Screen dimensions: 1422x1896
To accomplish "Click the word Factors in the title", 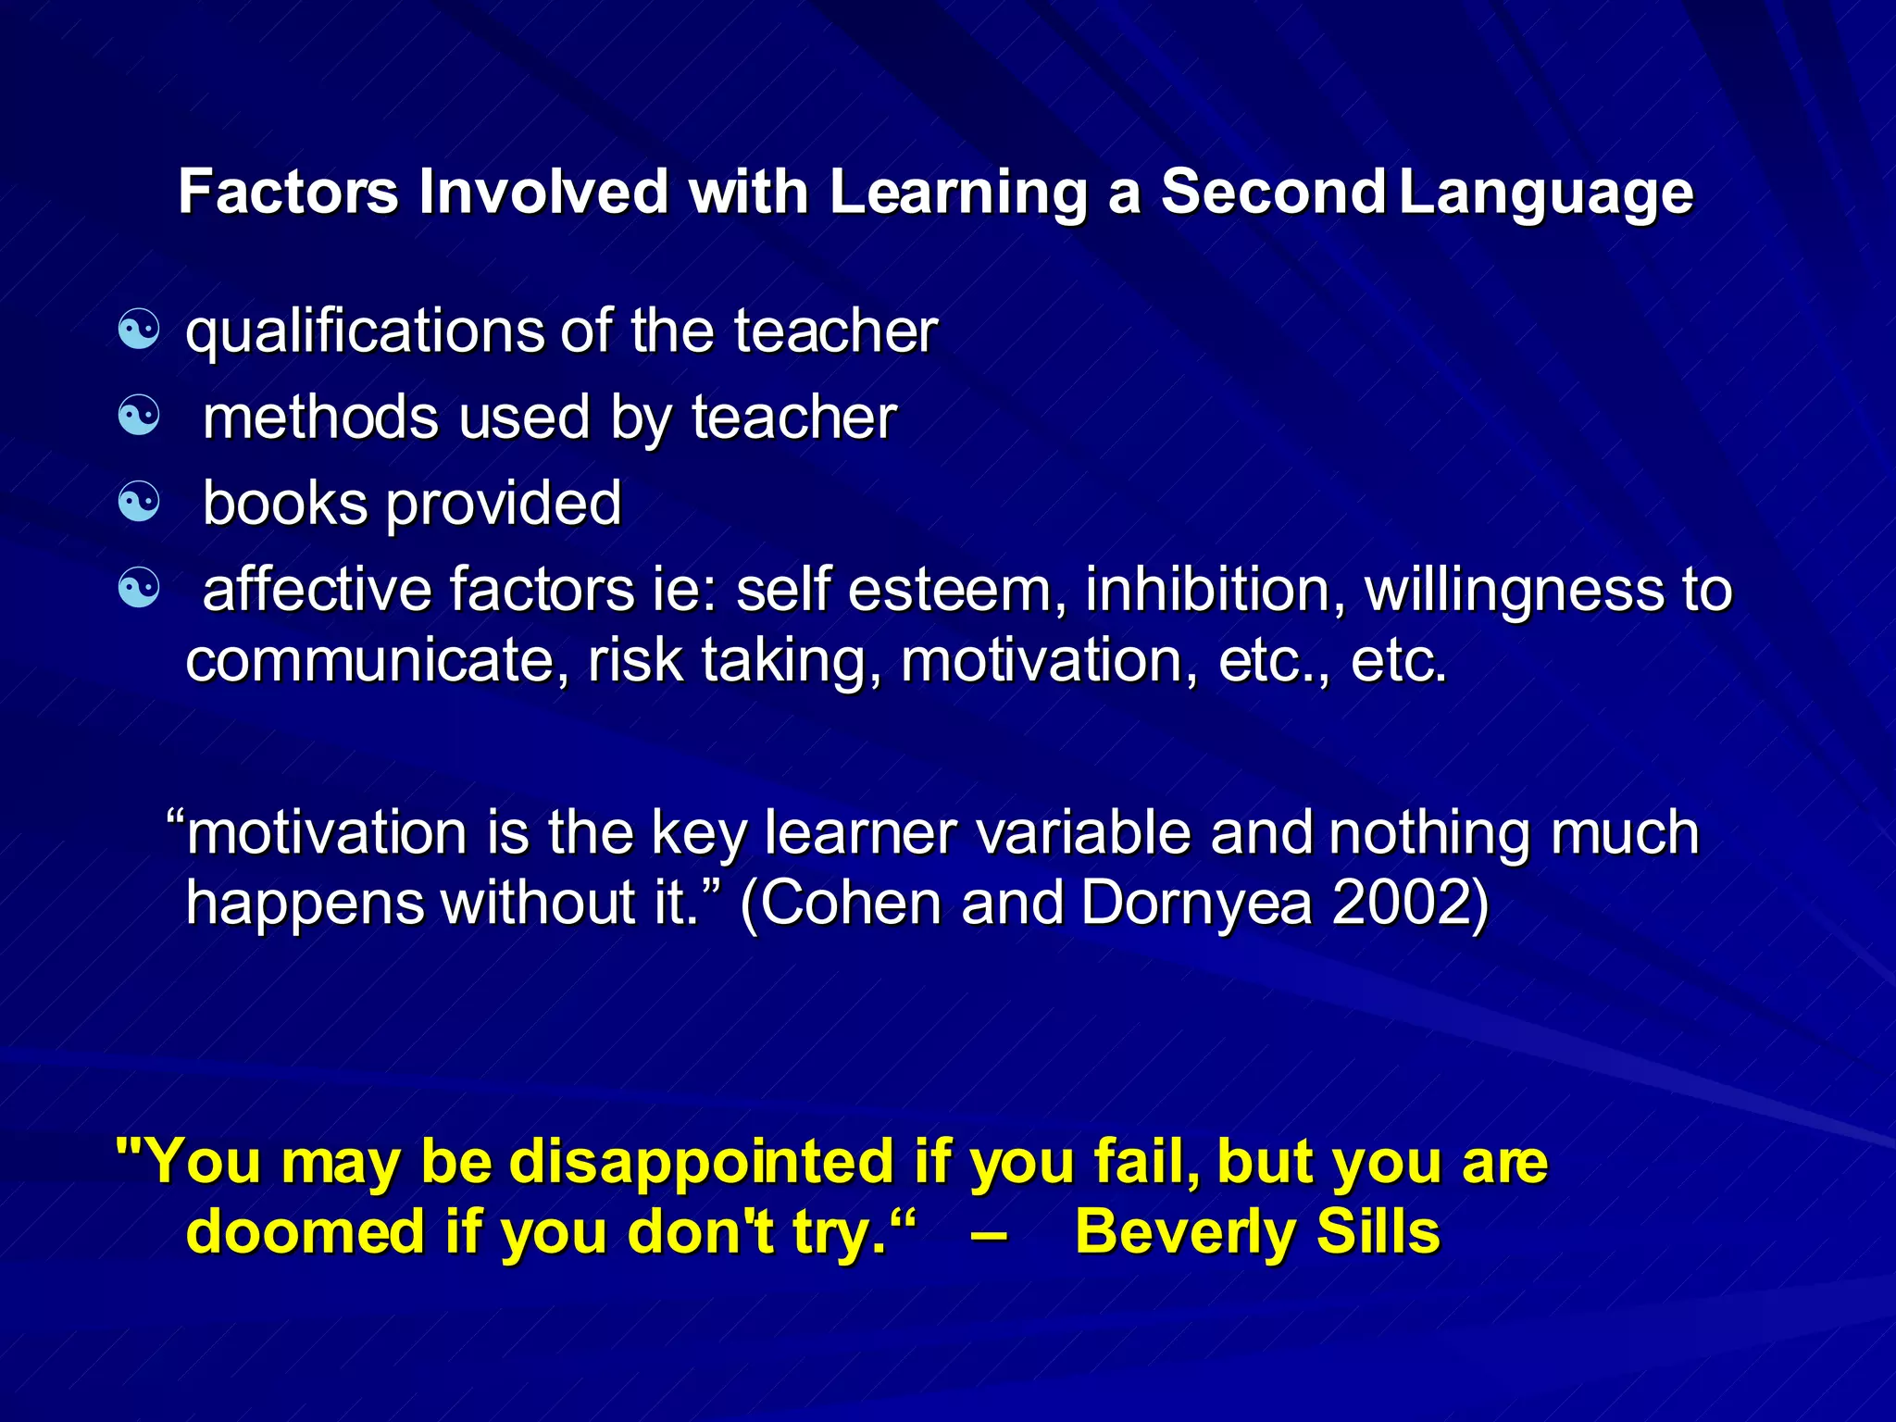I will tap(288, 192).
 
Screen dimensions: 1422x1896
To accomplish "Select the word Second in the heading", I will tap(1273, 192).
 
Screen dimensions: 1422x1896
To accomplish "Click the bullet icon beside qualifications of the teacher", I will tap(140, 330).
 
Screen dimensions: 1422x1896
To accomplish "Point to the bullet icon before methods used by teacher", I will tap(140, 416).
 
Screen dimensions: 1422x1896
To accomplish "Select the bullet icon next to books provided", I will tap(140, 502).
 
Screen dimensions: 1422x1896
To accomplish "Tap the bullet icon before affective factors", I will tap(140, 588).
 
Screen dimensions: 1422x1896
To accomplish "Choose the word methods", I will tap(320, 417).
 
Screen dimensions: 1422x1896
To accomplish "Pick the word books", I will tap(284, 503).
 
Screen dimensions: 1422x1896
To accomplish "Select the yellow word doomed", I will tap(306, 1232).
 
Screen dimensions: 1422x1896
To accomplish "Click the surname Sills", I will tap(1378, 1232).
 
